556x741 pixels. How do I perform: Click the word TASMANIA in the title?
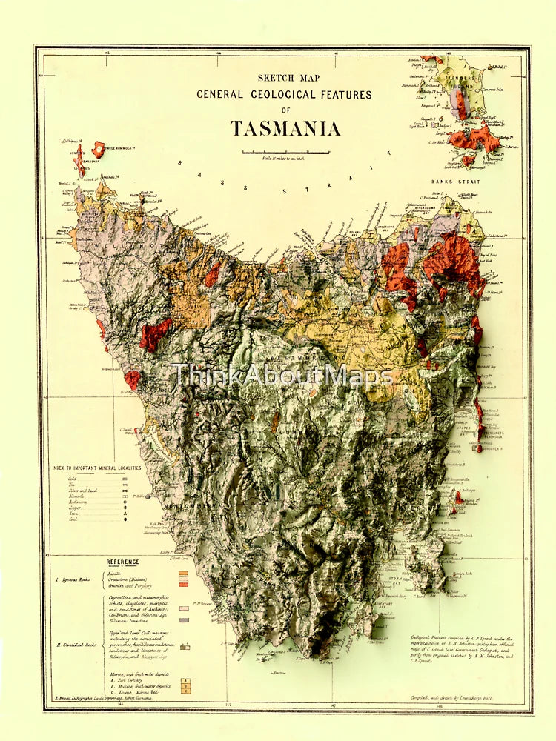tap(285, 128)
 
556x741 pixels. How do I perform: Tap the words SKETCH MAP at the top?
tap(284, 76)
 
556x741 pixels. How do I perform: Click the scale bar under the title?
tap(285, 153)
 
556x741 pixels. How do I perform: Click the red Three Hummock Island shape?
tap(98, 149)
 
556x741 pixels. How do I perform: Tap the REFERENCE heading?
tap(122, 562)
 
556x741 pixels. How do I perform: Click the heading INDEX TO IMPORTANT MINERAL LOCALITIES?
tap(96, 468)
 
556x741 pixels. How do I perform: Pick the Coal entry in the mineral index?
tap(72, 519)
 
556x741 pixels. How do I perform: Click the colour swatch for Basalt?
tap(183, 573)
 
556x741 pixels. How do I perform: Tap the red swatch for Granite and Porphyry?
tap(183, 585)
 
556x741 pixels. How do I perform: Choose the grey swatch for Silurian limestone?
tap(183, 619)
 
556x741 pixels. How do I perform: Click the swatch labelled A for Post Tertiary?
tap(187, 679)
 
